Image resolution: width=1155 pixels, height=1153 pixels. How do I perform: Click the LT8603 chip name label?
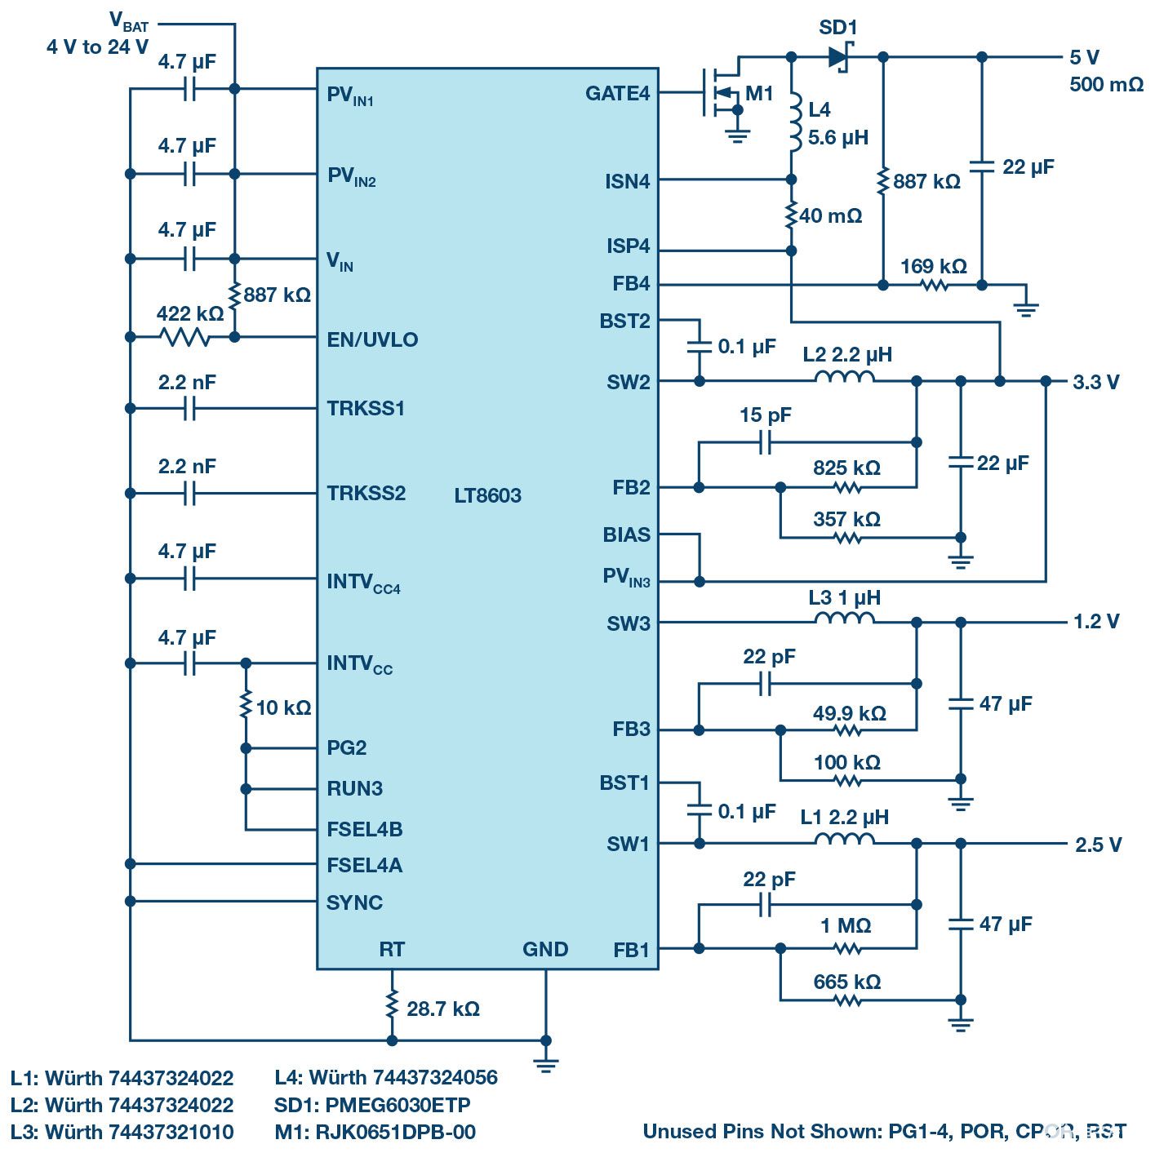point(487,495)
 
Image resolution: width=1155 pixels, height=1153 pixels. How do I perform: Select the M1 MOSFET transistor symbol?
point(722,93)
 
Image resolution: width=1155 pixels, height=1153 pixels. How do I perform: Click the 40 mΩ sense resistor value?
point(831,216)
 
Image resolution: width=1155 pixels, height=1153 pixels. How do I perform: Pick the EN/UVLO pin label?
point(372,339)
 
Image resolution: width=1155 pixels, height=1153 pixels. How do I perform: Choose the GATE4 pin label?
point(617,94)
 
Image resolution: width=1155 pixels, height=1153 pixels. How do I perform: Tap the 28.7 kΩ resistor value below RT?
point(443,1009)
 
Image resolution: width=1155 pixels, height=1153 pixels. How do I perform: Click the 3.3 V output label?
point(1096,382)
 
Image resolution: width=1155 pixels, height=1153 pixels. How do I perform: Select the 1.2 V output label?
point(1096,622)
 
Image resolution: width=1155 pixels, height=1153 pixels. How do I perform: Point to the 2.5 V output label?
point(1098,845)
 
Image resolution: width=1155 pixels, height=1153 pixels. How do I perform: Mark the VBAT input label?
point(129,21)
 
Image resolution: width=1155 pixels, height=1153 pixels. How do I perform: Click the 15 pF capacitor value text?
point(765,415)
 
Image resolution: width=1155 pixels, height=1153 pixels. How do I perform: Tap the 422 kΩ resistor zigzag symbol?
point(184,336)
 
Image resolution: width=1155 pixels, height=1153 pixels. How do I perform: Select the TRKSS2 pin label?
point(366,493)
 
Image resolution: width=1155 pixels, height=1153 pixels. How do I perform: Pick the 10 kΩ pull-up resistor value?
point(283,707)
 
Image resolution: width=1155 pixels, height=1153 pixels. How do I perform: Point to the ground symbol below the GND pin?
point(545,1063)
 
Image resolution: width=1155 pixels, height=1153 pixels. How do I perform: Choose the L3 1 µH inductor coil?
point(844,620)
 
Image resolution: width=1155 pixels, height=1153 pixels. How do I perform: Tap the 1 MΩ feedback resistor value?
point(846,926)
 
